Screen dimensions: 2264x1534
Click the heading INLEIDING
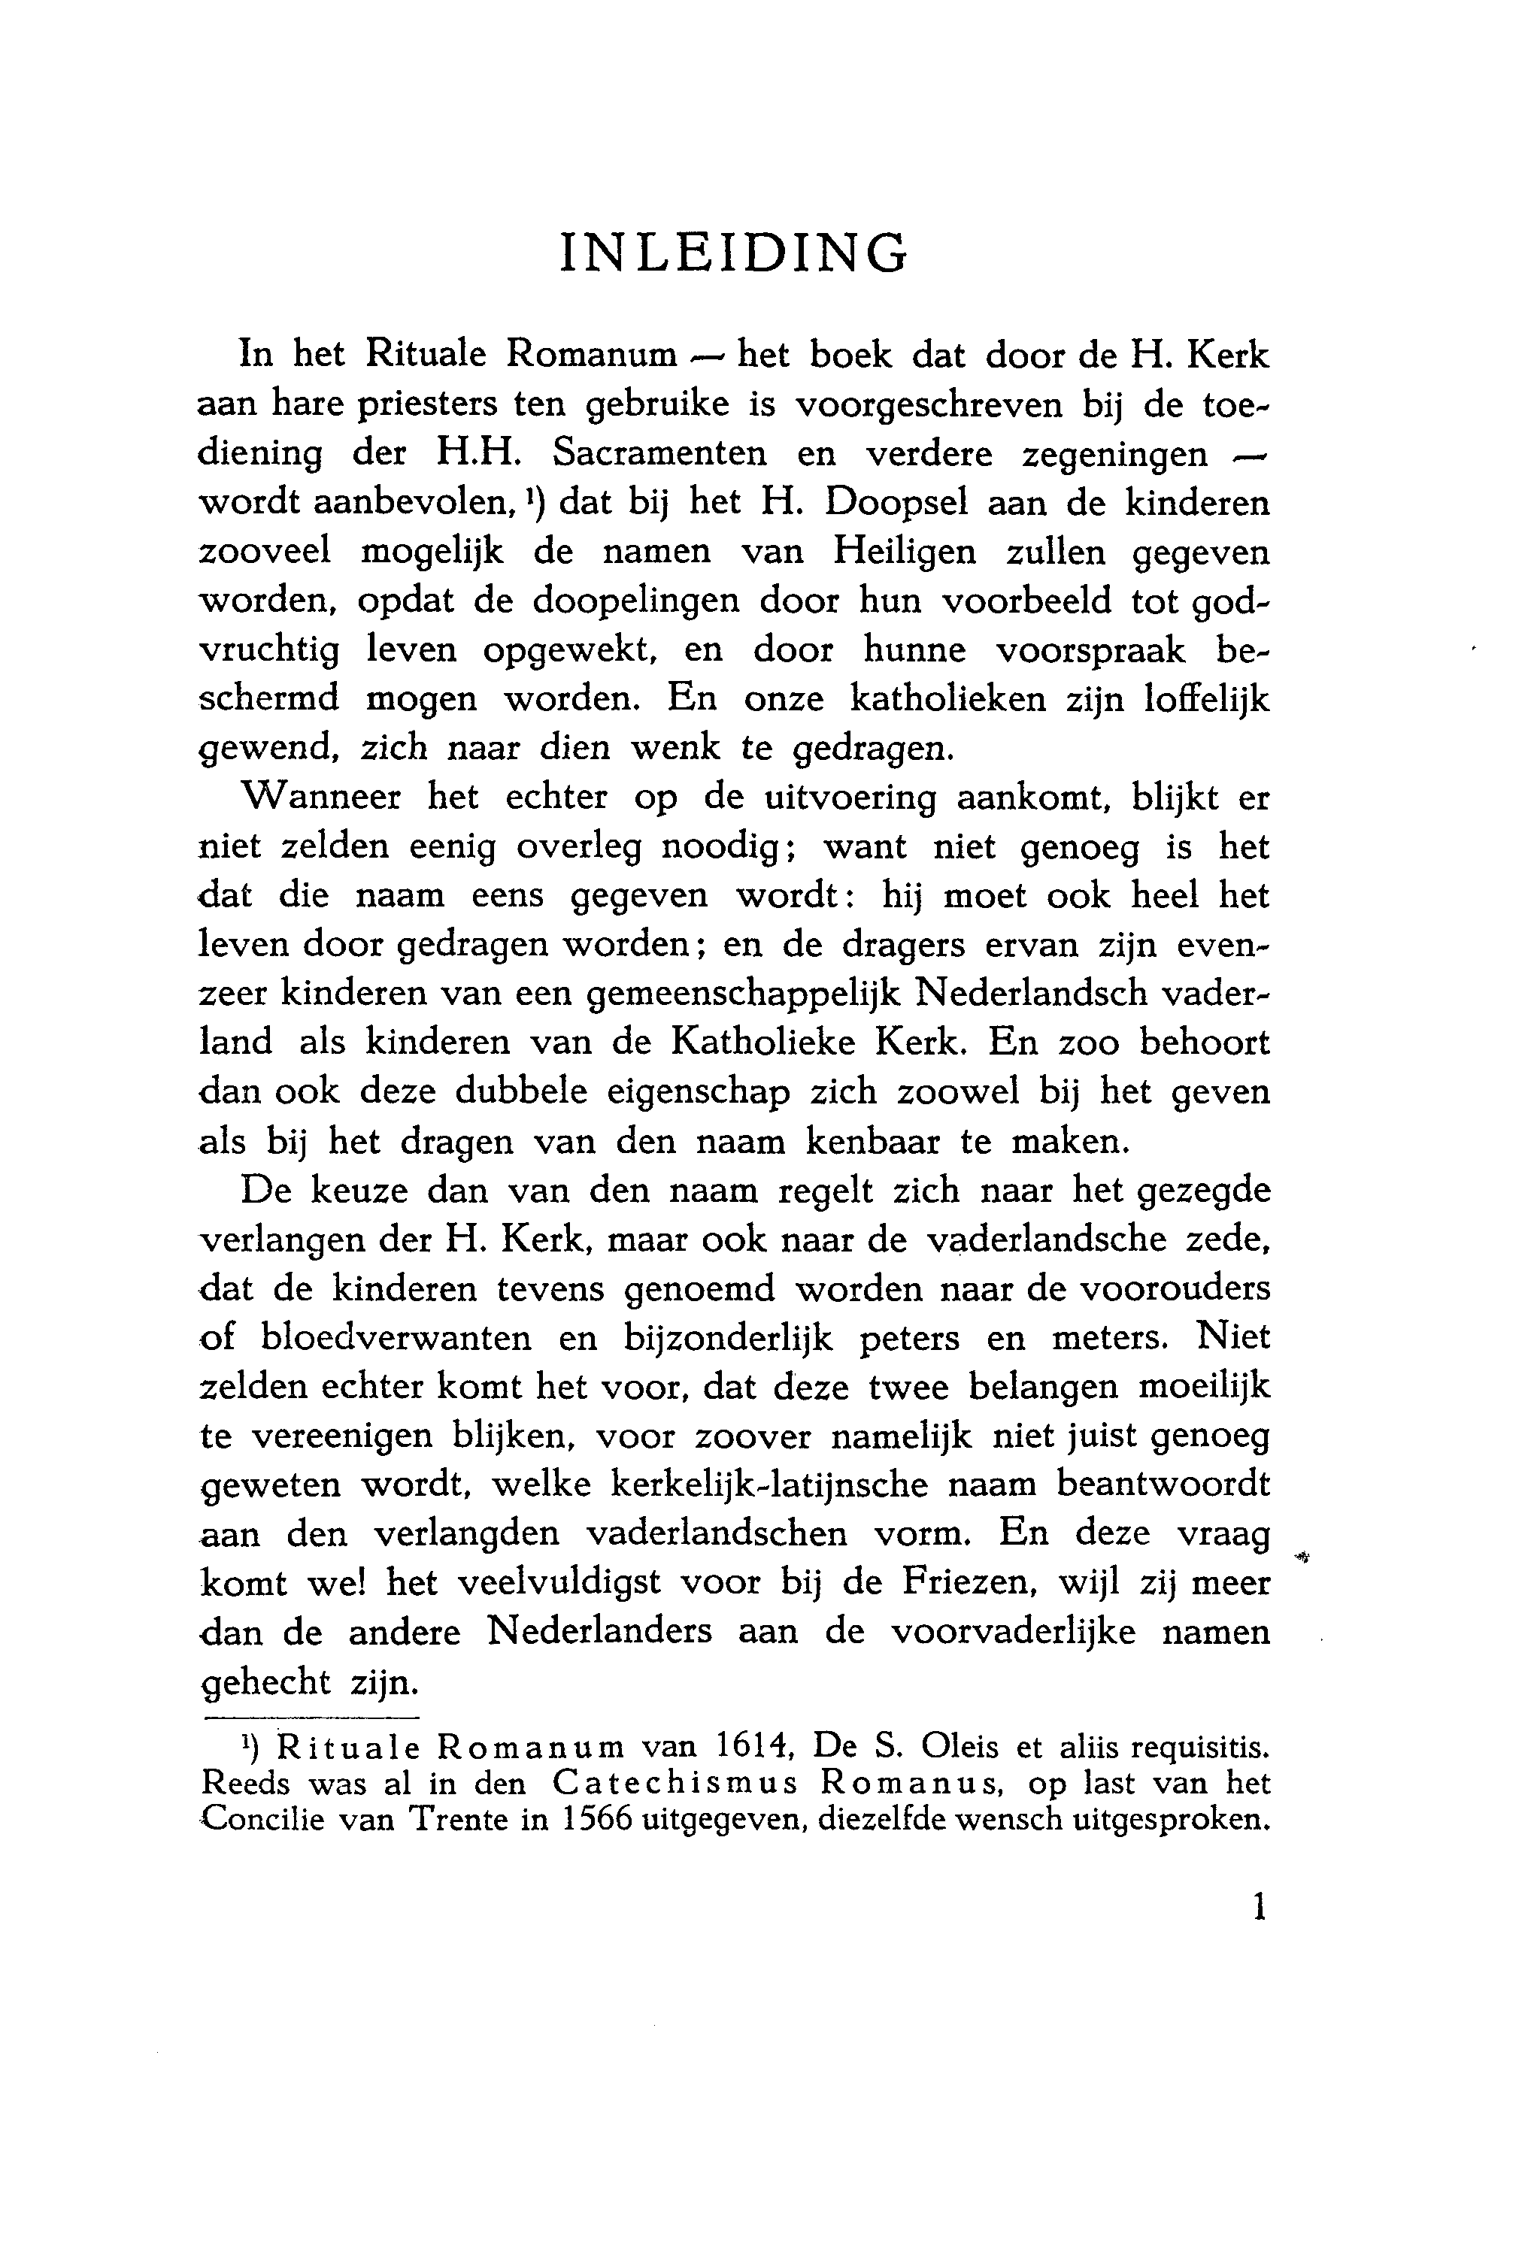point(734,253)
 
